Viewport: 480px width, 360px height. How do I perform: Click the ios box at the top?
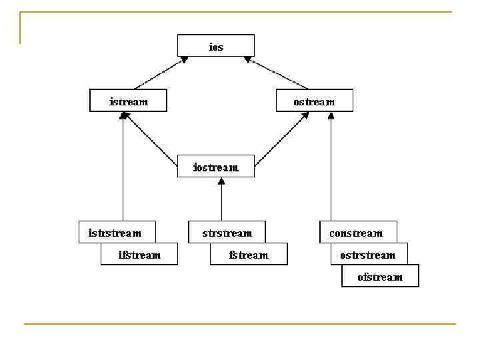215,46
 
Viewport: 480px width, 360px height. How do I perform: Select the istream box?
128,101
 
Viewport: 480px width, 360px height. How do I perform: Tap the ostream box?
314,101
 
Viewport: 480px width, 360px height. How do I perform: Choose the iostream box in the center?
216,166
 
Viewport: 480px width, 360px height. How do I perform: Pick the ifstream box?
139,254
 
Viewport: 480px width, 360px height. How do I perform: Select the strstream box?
227,232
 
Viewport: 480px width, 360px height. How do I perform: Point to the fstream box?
249,254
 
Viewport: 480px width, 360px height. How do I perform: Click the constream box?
357,232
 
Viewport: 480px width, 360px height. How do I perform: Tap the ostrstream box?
369,254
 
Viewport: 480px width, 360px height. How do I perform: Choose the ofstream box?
380,276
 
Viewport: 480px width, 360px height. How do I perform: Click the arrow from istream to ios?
160,73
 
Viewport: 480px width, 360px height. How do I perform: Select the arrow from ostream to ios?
277,73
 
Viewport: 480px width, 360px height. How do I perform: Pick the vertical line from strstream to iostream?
221,201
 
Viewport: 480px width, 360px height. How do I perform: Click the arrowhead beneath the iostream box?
221,182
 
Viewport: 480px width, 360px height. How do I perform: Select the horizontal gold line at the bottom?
240,324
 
